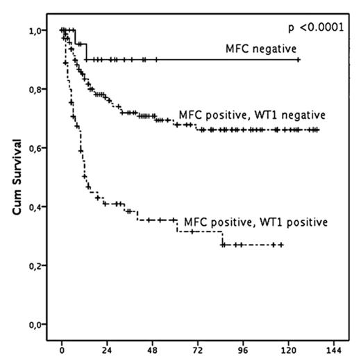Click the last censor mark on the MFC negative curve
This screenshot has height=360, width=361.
(x=298, y=60)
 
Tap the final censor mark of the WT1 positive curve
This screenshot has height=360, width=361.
(x=281, y=245)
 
